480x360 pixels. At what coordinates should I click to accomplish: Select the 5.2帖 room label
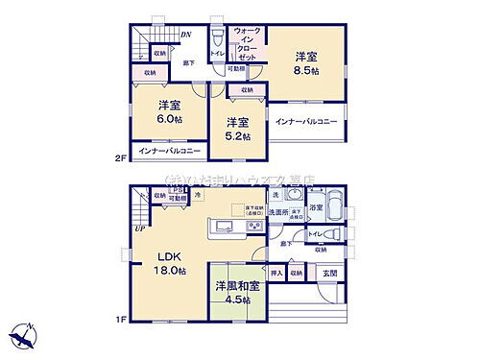(239, 137)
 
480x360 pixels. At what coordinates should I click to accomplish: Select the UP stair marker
(140, 228)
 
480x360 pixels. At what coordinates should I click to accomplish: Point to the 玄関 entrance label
(329, 273)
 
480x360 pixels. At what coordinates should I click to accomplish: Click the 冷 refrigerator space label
(197, 196)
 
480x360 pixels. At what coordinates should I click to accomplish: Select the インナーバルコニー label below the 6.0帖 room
(169, 152)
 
